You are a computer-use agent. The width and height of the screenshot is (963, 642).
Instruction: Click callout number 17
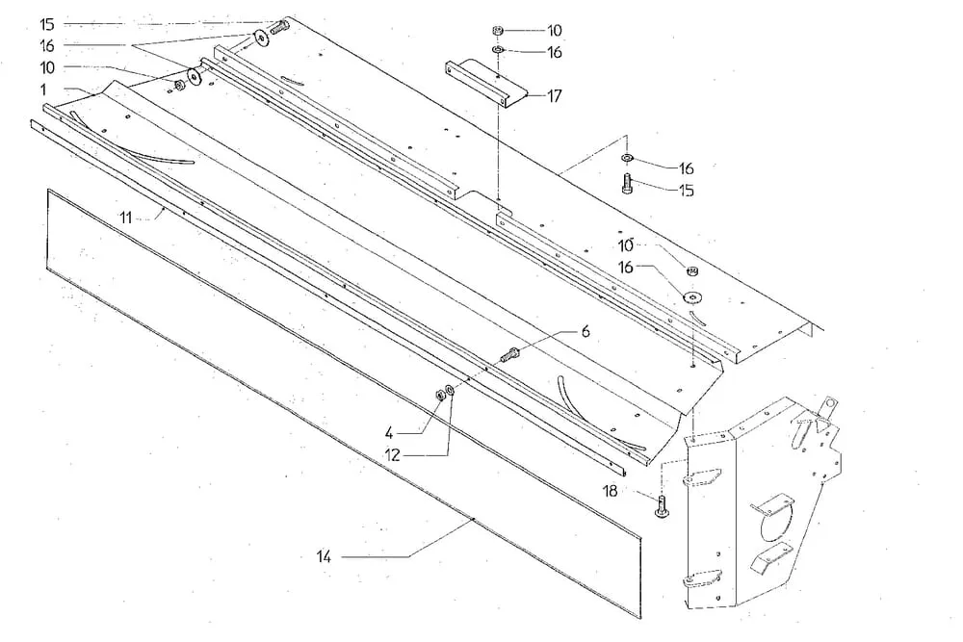coord(556,96)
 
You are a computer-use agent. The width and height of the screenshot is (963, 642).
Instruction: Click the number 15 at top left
coord(47,24)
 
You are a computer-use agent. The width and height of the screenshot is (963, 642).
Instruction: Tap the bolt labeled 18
coord(663,504)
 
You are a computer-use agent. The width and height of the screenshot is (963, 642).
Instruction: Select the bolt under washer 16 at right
coord(628,185)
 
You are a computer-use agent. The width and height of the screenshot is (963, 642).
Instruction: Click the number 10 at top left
coord(47,66)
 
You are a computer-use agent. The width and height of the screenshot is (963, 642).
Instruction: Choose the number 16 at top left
coord(47,45)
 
